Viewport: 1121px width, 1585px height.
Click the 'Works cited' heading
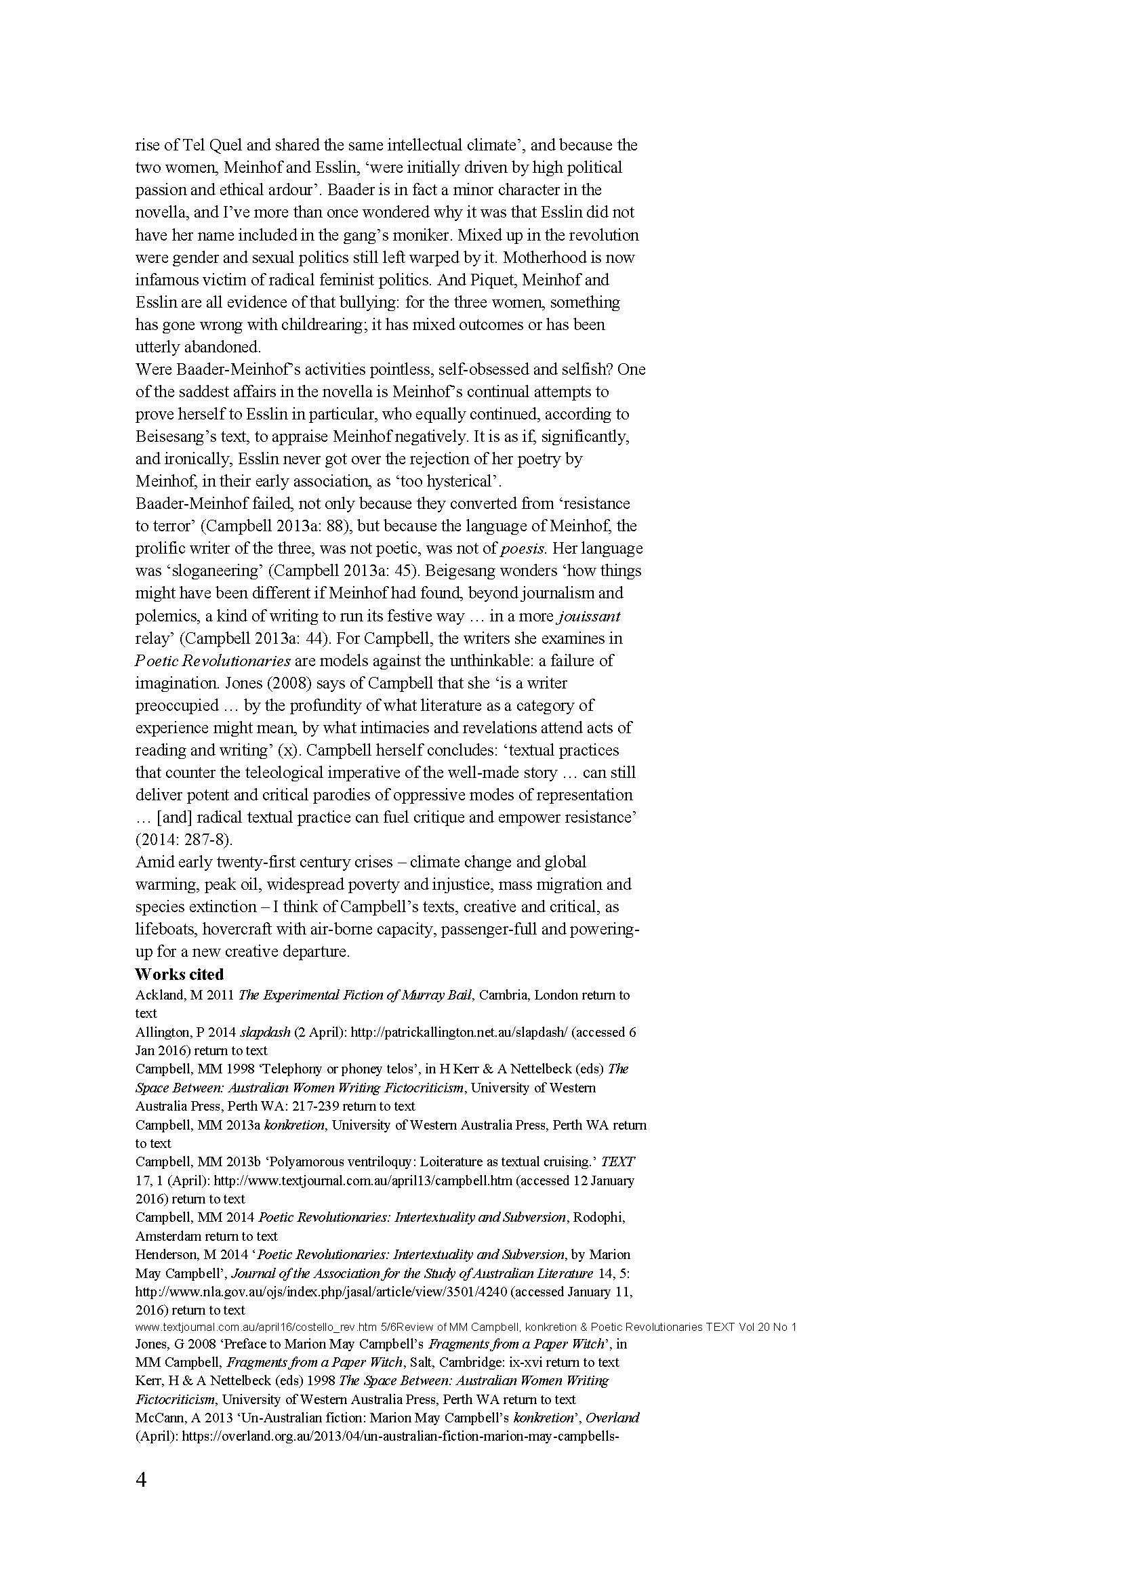pyautogui.click(x=179, y=974)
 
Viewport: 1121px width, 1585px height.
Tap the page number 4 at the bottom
pyautogui.click(x=141, y=1480)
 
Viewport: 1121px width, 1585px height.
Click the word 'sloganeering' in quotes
pyautogui.click(x=201, y=570)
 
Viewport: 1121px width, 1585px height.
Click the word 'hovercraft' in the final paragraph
pyautogui.click(x=237, y=929)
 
